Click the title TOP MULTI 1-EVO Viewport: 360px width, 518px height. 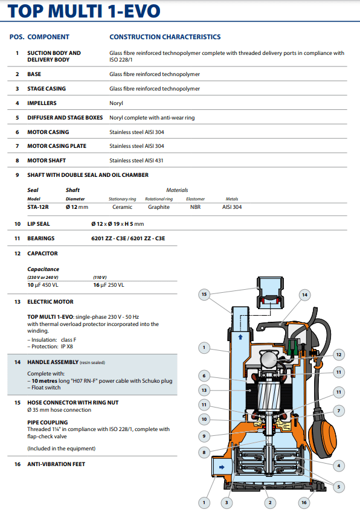coord(84,11)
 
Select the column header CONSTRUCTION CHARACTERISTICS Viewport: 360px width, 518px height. coord(165,37)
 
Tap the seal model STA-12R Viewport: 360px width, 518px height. coord(38,207)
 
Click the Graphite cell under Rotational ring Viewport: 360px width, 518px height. coord(159,207)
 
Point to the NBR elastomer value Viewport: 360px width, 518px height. coord(195,207)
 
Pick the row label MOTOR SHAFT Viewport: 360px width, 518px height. coord(47,161)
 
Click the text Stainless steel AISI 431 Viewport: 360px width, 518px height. coord(136,161)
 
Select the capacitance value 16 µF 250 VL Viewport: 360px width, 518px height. coord(109,285)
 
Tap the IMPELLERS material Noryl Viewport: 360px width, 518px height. coord(116,103)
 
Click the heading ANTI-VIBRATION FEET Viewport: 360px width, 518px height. coord(56,464)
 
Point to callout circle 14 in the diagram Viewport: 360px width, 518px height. coord(305,295)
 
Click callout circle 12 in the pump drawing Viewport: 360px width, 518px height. coord(339,355)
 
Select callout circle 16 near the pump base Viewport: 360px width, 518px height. coord(304,502)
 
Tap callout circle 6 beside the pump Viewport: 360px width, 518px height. coord(204,376)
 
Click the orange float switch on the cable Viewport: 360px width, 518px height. coord(323,432)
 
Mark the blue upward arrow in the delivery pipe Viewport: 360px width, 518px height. coord(240,337)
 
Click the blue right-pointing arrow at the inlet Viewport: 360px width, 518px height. coord(222,467)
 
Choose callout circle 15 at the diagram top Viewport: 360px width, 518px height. coord(204,295)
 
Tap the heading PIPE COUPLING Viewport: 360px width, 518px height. coord(48,423)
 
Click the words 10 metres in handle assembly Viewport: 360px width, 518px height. coord(44,381)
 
